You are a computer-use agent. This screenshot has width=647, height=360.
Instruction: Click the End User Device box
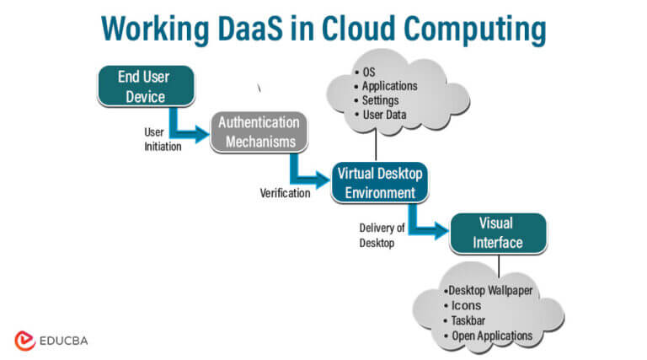tap(146, 86)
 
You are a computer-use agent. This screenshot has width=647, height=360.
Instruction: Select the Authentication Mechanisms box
tap(259, 132)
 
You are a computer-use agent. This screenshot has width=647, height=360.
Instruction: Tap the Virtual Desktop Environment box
tap(377, 182)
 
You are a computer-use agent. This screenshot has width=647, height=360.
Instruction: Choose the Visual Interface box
tap(499, 233)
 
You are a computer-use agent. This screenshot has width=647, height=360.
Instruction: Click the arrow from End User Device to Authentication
tap(186, 128)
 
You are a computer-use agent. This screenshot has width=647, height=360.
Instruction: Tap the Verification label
tap(284, 193)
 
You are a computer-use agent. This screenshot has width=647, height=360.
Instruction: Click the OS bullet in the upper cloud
tap(368, 71)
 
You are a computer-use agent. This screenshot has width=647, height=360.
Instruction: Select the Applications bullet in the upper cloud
tap(388, 85)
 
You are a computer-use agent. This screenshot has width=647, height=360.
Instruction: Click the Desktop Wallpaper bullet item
tap(491, 291)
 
